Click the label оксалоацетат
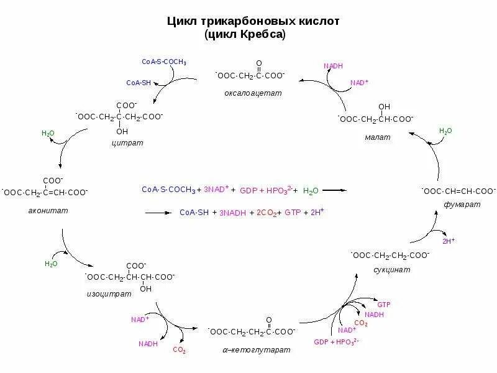click(x=253, y=93)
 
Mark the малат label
click(x=378, y=137)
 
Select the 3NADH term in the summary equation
click(x=232, y=213)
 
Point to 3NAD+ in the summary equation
click(x=217, y=189)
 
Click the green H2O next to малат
click(x=445, y=131)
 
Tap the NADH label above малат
click(x=333, y=66)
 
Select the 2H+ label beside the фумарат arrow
click(x=448, y=240)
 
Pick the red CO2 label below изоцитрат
click(x=180, y=350)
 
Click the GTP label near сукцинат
click(x=384, y=305)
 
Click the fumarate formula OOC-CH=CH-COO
click(x=458, y=191)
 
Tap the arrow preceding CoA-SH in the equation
click(x=158, y=213)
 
